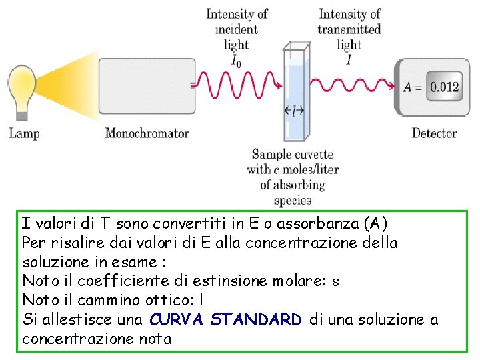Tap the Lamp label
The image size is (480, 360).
25,133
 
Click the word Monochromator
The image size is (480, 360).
147,133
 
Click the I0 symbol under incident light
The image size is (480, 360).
236,61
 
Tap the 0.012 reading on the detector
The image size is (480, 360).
444,87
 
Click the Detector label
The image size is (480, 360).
434,133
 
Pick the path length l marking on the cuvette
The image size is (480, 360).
294,111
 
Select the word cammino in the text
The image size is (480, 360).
91,300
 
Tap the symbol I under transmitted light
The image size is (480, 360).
349,61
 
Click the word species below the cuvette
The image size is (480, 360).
293,199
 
